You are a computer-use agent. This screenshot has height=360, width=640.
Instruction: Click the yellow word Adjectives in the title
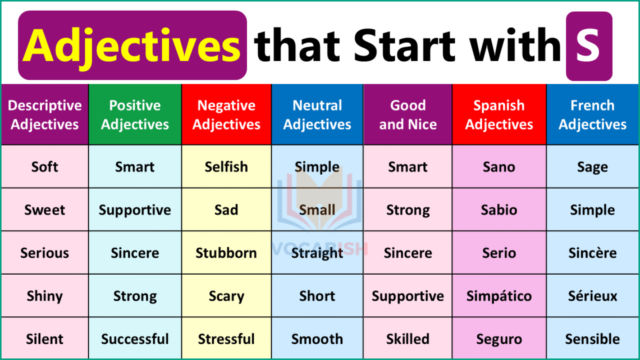[132, 46]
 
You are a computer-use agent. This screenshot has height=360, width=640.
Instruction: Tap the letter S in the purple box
[588, 46]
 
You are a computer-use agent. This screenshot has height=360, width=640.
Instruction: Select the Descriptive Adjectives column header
[45, 115]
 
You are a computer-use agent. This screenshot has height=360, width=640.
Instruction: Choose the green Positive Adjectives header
[135, 115]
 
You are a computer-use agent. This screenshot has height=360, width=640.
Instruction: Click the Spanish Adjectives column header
[499, 115]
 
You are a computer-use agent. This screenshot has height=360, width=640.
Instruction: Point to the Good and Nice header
[408, 115]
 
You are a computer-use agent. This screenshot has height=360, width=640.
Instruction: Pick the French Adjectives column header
[592, 115]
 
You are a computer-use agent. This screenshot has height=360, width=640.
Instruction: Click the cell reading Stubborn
[226, 253]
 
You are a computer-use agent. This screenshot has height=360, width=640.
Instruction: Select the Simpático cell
[499, 296]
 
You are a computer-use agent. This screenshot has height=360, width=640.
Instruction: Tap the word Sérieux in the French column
[592, 296]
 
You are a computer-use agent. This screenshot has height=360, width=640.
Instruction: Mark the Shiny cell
[45, 296]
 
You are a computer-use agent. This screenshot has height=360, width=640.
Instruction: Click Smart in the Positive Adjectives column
[135, 167]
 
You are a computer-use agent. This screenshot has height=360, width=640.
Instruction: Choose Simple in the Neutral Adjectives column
[317, 167]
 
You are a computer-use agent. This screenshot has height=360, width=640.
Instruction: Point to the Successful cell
[135, 339]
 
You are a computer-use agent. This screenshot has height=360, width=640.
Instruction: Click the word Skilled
[408, 339]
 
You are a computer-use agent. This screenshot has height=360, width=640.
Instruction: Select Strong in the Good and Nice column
[408, 210]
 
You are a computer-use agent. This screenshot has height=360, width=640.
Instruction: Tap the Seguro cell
[499, 339]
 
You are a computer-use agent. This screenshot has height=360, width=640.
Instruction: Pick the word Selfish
[226, 167]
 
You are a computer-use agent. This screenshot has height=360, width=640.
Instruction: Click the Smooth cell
[317, 339]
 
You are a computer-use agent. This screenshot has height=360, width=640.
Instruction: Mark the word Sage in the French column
[592, 167]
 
